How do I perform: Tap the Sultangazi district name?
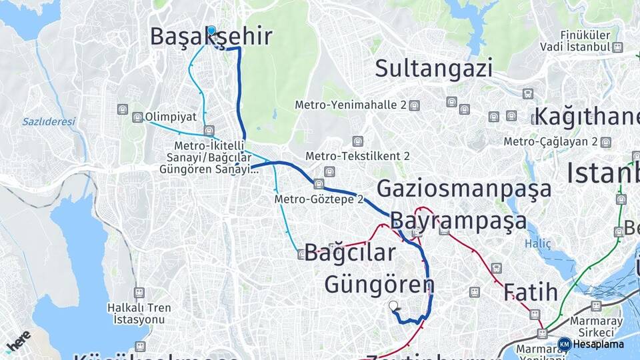click(x=433, y=68)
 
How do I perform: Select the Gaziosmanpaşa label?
click(x=464, y=189)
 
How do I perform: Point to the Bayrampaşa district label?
click(x=458, y=221)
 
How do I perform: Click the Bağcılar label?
click(x=350, y=253)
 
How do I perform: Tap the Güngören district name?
click(x=379, y=285)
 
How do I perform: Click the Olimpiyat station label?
click(x=170, y=117)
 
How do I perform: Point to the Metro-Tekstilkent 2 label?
click(x=357, y=156)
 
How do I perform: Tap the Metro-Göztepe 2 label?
click(x=319, y=199)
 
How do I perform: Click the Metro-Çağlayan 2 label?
click(x=551, y=141)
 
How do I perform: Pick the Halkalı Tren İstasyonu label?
click(x=139, y=313)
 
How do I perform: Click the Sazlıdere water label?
click(x=48, y=122)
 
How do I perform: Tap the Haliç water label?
click(x=537, y=244)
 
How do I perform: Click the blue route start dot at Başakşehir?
click(x=211, y=30)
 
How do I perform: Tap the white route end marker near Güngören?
click(x=393, y=306)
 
